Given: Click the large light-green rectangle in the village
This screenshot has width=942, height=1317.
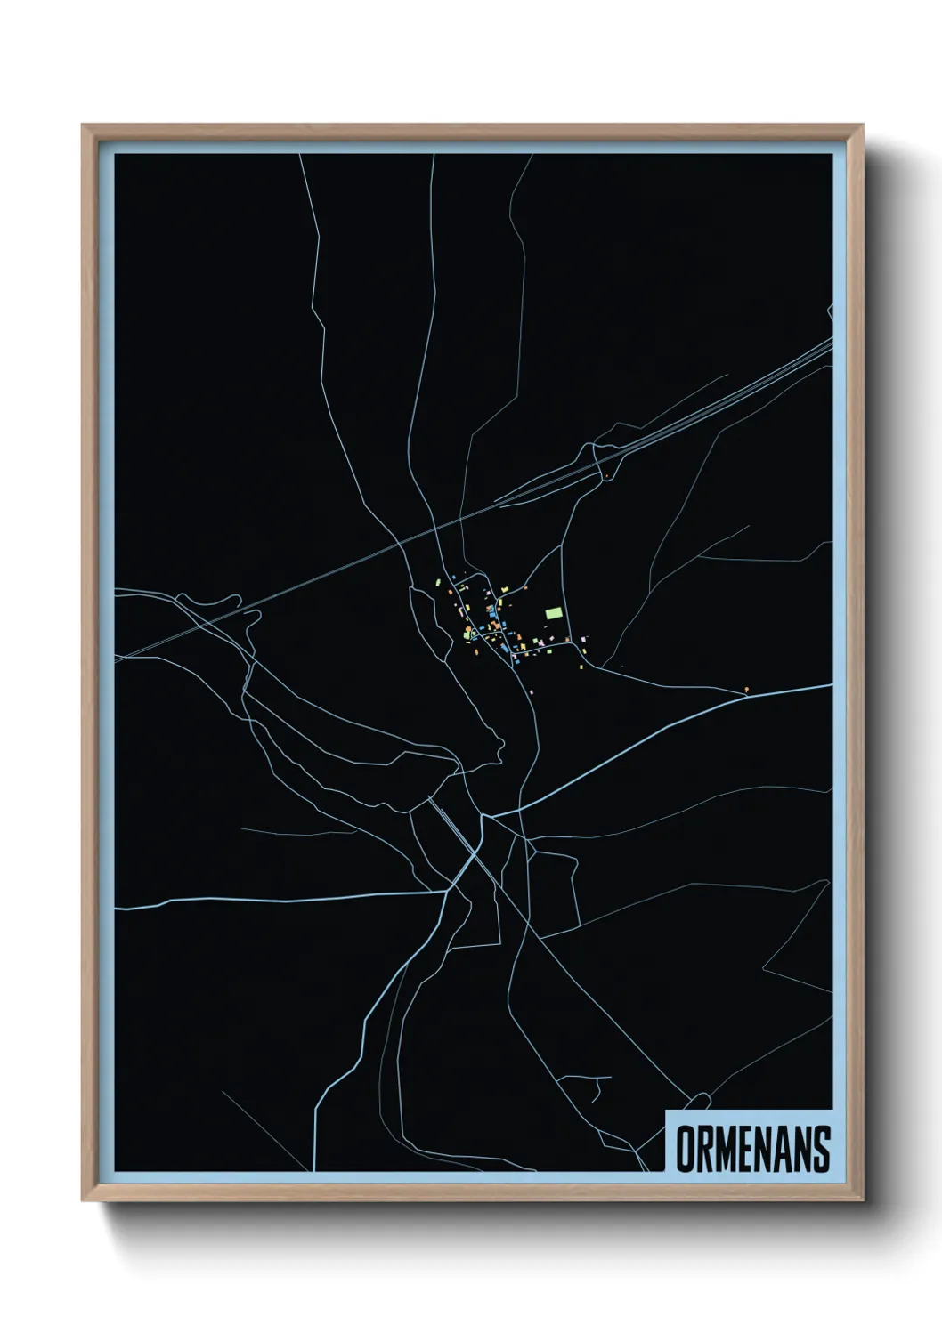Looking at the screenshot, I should coord(555,613).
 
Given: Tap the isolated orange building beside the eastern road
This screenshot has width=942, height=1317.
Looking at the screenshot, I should coord(746,689).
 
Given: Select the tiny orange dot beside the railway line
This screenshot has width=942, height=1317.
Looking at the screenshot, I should coord(607,478).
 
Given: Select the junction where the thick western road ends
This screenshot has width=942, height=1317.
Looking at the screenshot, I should coord(447,891).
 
